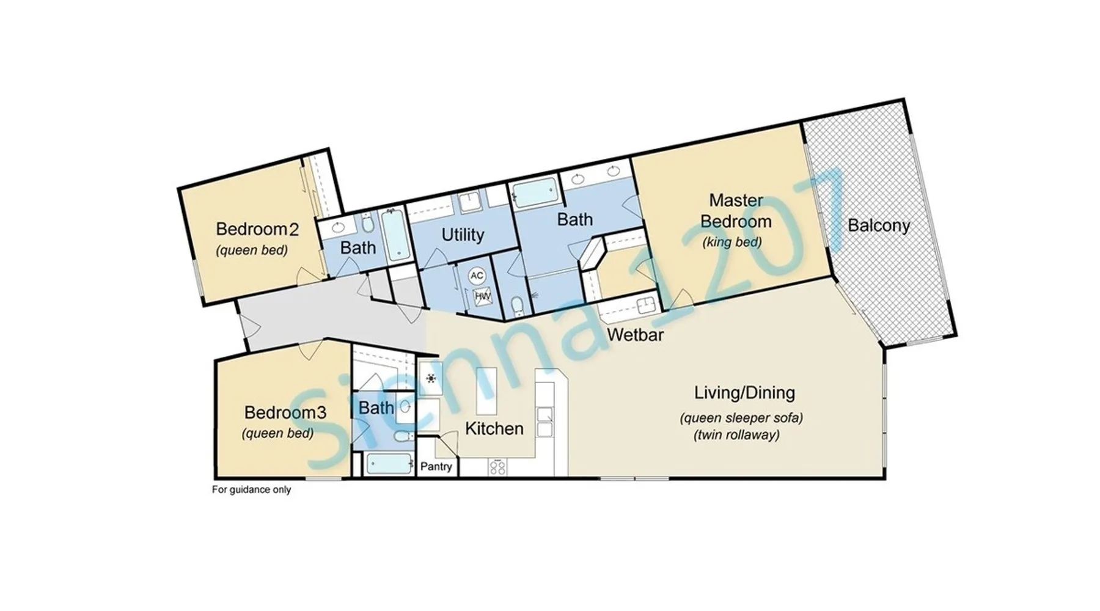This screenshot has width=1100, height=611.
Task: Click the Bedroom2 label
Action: (x=257, y=229)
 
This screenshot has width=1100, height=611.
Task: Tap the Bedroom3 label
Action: (x=285, y=412)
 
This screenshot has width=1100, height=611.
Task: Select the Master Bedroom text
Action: (x=736, y=211)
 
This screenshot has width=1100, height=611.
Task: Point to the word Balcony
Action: (x=879, y=225)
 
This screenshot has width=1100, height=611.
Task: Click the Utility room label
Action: (x=463, y=235)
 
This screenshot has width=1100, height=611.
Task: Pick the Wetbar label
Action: (x=636, y=335)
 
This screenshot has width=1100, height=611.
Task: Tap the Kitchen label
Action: (x=494, y=429)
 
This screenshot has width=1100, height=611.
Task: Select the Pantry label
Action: (x=436, y=467)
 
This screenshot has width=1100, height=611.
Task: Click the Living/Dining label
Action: (x=744, y=392)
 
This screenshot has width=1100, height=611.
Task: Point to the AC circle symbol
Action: (x=477, y=276)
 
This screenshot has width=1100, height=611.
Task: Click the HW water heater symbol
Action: (x=483, y=297)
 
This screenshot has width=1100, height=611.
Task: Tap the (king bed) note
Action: (x=732, y=242)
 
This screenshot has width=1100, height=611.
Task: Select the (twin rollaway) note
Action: (x=736, y=435)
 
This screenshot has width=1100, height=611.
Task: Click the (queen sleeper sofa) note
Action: (x=741, y=418)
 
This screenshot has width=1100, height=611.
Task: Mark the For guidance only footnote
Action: (x=251, y=489)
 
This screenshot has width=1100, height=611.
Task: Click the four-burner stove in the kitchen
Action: (x=498, y=467)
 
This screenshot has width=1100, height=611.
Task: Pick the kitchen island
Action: (x=486, y=392)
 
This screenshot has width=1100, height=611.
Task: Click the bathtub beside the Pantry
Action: (x=389, y=464)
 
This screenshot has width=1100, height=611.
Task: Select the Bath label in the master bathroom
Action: (x=575, y=219)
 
